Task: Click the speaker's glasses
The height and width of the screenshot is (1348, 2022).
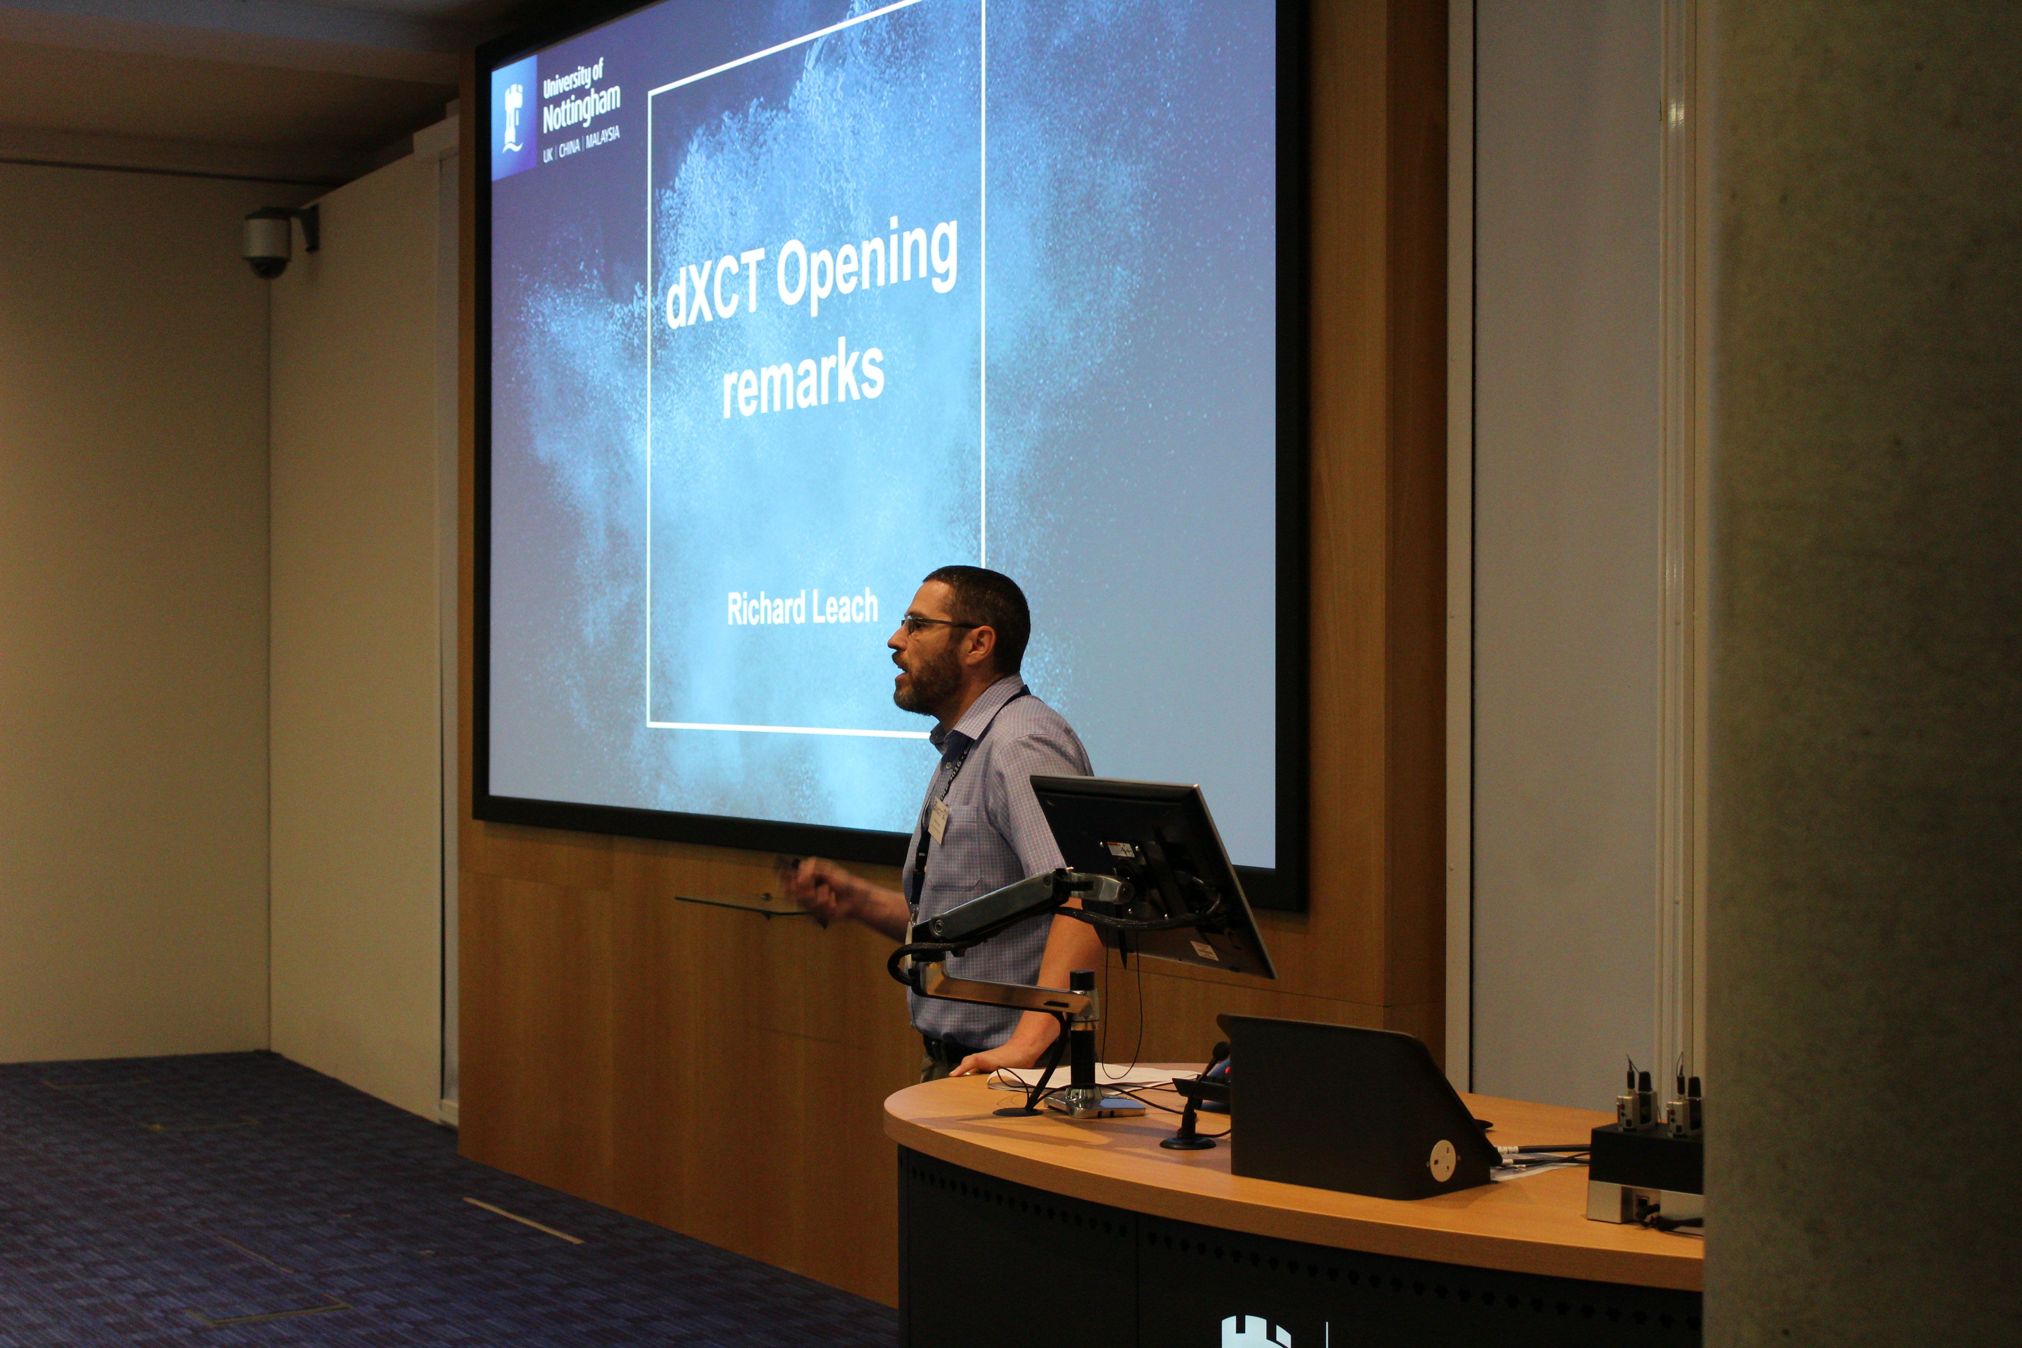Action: click(x=933, y=624)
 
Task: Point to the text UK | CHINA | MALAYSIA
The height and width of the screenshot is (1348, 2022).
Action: click(x=580, y=146)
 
